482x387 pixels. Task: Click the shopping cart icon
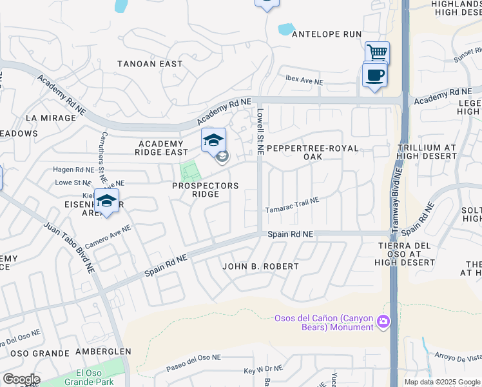point(377,52)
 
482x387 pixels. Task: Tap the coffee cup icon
point(374,75)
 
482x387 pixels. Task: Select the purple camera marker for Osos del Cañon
point(383,321)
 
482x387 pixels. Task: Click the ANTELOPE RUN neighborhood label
point(326,34)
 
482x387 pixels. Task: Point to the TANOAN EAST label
point(149,64)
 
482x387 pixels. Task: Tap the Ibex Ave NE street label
point(304,82)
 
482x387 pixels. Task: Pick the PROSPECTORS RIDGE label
point(205,190)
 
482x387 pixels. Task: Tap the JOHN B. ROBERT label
point(260,266)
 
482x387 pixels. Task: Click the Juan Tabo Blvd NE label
point(70,248)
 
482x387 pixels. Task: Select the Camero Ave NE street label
point(108,238)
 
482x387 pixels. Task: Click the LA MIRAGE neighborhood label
point(50,118)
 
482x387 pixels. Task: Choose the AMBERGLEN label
point(103,352)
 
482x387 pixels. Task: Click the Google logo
point(21,379)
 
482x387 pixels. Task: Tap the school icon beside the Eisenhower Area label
point(106,201)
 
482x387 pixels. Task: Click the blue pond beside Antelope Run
point(285,29)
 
